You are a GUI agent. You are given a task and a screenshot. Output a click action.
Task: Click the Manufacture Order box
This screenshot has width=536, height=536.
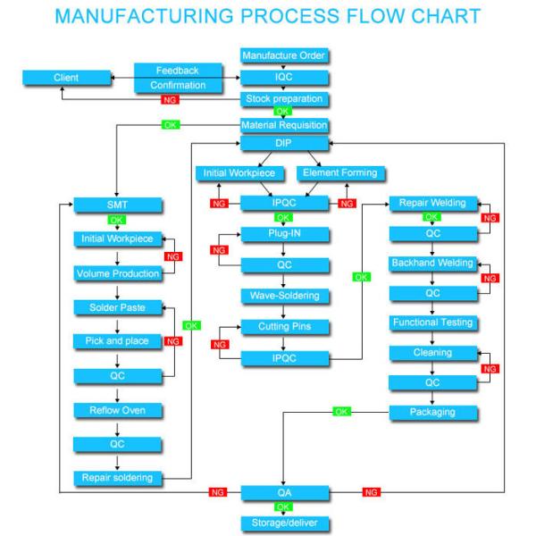click(x=284, y=55)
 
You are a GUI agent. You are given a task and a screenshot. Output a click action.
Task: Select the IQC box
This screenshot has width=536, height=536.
click(x=284, y=78)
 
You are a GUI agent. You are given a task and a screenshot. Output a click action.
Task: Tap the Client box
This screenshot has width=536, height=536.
click(x=66, y=78)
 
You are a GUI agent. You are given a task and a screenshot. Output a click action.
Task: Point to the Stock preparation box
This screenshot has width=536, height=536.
click(x=284, y=98)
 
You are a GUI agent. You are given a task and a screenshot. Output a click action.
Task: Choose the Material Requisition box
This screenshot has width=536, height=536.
click(x=284, y=125)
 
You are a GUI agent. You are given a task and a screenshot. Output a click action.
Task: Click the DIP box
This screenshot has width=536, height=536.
click(x=284, y=144)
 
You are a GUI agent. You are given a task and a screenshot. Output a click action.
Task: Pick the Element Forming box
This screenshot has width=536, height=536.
click(x=340, y=172)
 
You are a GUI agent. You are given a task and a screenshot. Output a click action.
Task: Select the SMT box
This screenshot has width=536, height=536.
click(x=118, y=205)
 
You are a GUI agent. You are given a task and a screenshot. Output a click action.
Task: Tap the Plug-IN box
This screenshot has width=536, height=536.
click(x=284, y=234)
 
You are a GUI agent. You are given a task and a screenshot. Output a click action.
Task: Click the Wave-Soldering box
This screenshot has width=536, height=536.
click(x=284, y=295)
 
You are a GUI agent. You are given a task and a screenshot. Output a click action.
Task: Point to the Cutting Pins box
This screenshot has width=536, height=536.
click(x=284, y=326)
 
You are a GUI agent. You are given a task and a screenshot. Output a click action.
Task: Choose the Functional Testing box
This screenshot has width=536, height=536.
click(x=432, y=322)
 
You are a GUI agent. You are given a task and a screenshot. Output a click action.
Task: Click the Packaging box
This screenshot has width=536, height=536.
click(x=432, y=412)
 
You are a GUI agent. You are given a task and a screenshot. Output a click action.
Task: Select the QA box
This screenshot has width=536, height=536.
click(x=284, y=491)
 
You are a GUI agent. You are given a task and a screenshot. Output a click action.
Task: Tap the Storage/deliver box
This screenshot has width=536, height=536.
click(x=284, y=522)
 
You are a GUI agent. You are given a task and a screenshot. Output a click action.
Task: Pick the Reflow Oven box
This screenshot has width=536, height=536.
click(x=118, y=410)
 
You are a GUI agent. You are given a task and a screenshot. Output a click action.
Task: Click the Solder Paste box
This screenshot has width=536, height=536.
click(x=118, y=307)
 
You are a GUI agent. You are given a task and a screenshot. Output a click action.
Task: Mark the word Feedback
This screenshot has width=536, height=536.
click(x=177, y=70)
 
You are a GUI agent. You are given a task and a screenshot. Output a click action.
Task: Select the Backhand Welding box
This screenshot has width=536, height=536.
click(x=432, y=263)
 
